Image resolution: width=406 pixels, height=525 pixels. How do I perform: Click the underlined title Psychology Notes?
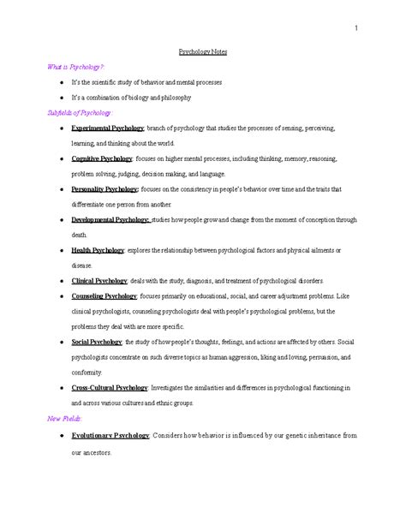[x=203, y=51]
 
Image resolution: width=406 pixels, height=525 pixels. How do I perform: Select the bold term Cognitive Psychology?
[x=102, y=159]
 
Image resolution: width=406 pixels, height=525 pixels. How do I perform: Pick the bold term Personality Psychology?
[x=104, y=189]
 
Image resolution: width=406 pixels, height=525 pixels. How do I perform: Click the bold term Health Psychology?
[x=97, y=250]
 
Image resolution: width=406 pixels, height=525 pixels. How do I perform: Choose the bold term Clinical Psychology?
[x=99, y=281]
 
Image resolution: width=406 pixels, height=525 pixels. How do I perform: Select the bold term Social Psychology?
[x=97, y=342]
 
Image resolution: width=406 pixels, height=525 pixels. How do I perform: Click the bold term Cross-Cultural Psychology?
[x=110, y=387]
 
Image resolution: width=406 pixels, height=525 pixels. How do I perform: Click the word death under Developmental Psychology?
[x=80, y=235]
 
